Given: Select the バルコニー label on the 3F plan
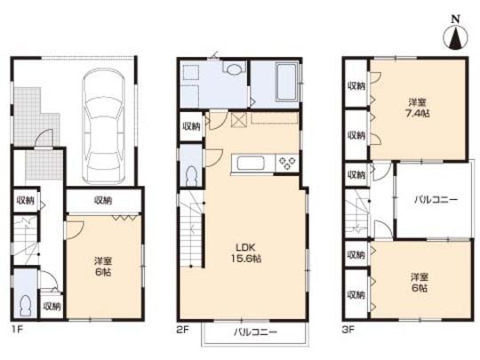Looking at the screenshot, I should click(436, 201).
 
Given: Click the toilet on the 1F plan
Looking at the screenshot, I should click(27, 304).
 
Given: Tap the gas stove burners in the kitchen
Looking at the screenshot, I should click(289, 162).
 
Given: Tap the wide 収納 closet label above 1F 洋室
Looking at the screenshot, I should click(102, 201).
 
